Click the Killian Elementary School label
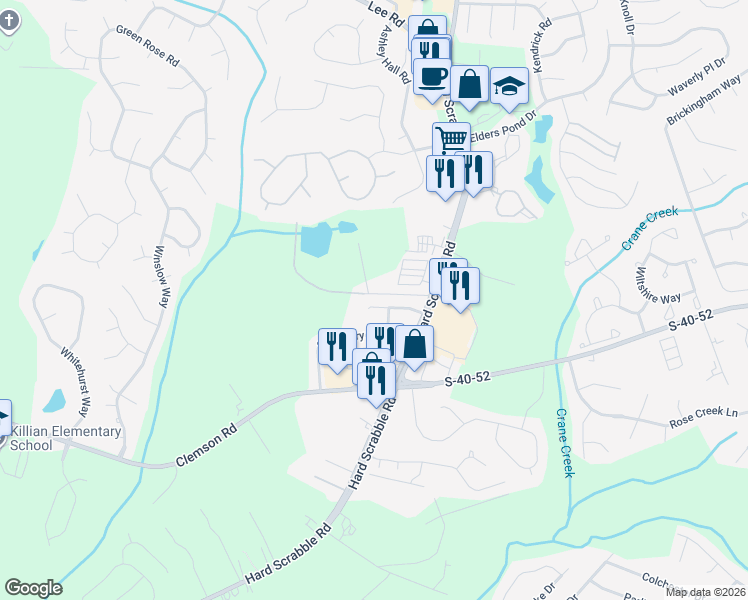pyautogui.click(x=65, y=438)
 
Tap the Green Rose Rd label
pyautogui.click(x=147, y=46)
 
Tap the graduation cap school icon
pyautogui.click(x=509, y=86)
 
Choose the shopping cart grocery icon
pyautogui.click(x=451, y=139)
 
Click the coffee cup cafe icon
pyautogui.click(x=432, y=75)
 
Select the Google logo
pyautogui.click(x=33, y=588)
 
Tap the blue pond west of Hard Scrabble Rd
pyautogui.click(x=316, y=240)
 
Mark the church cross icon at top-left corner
pyautogui.click(x=9, y=20)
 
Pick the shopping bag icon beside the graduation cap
pyautogui.click(x=468, y=85)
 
